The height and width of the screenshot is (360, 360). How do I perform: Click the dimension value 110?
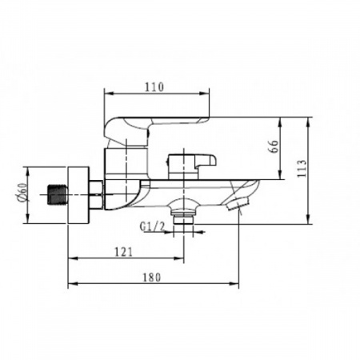click(x=154, y=87)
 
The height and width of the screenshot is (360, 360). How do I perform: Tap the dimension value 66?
click(x=274, y=146)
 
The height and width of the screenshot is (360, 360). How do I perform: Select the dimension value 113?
click(x=302, y=169)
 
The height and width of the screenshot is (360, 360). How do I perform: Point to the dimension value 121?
click(x=123, y=252)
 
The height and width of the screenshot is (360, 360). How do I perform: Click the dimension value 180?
click(x=152, y=278)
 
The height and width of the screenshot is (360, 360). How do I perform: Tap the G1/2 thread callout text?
click(x=153, y=227)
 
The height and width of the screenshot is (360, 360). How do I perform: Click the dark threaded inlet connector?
click(x=58, y=195)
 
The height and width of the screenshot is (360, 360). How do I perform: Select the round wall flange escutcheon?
click(x=78, y=195)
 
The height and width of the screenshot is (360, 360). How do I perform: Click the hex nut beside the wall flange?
click(x=95, y=195)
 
